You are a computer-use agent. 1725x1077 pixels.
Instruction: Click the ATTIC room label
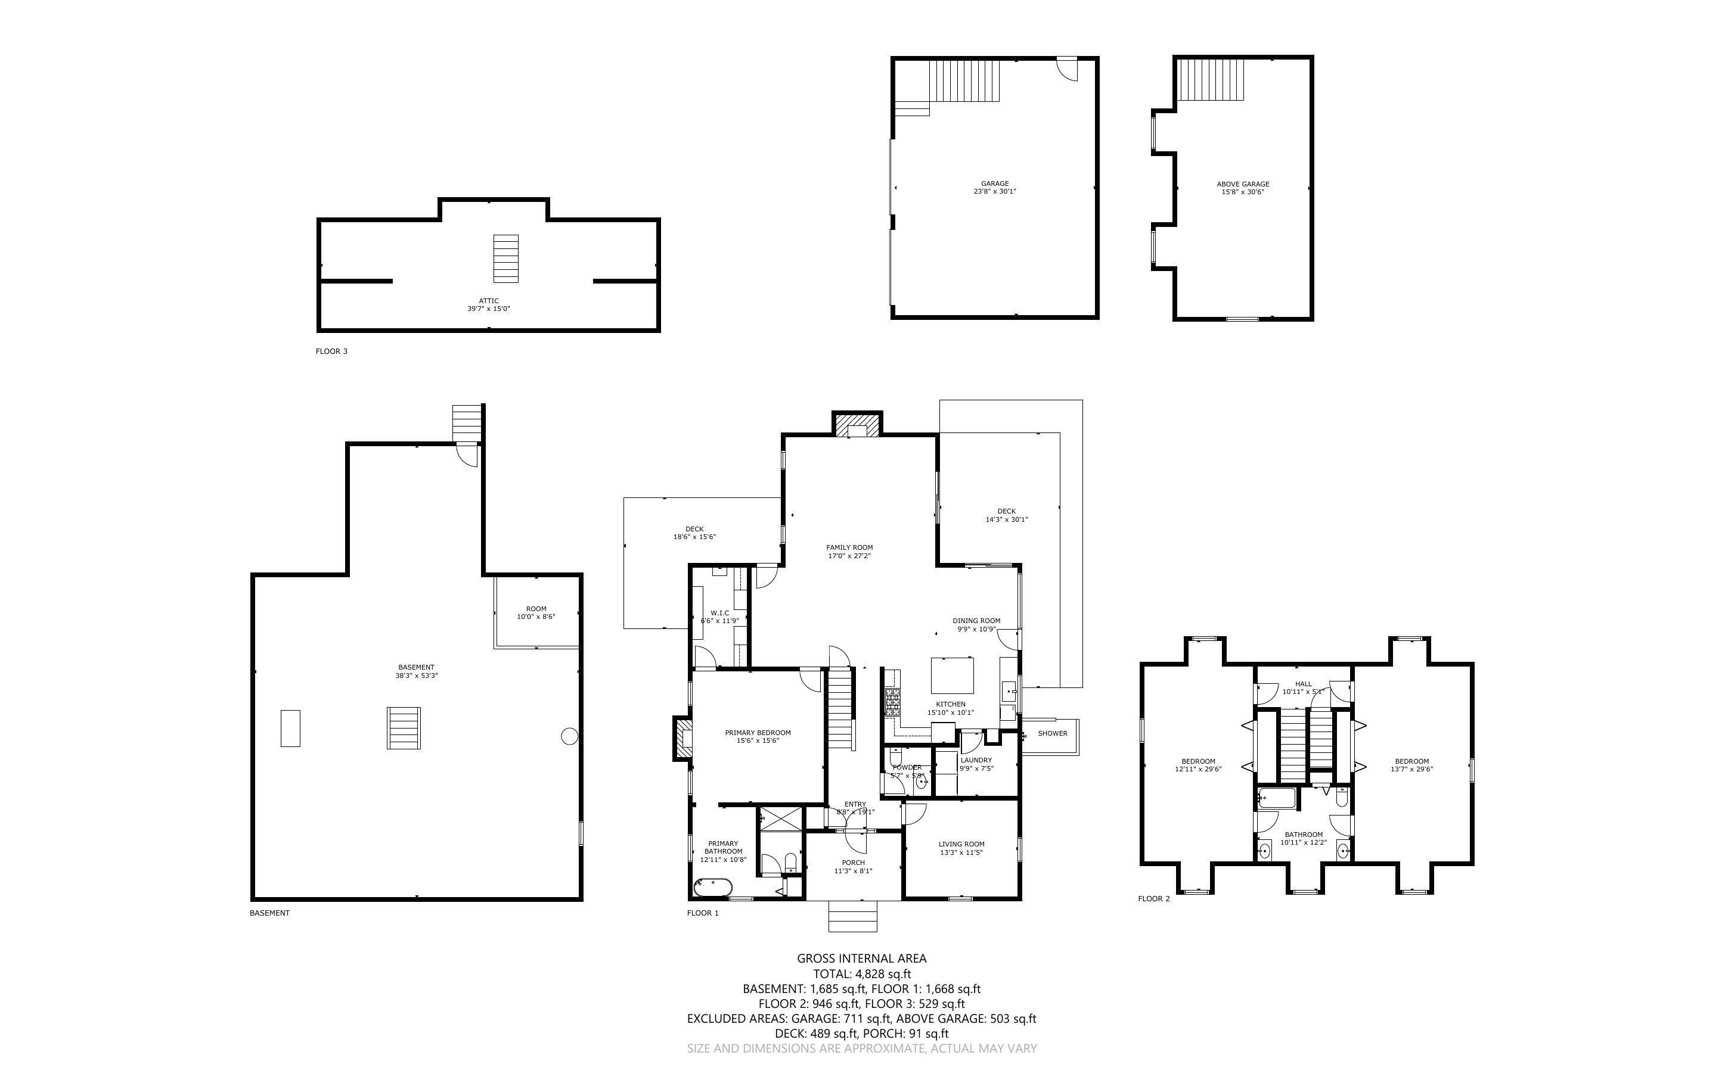(489, 305)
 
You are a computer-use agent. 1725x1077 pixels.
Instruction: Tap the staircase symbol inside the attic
(506, 259)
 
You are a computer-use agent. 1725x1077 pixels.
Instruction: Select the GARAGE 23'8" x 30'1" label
(995, 187)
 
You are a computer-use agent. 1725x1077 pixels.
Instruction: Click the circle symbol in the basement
(569, 736)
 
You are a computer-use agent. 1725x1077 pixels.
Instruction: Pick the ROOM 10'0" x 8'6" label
(536, 612)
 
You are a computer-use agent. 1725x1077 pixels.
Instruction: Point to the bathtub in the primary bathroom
(712, 888)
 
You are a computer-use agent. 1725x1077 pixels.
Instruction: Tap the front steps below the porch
(853, 916)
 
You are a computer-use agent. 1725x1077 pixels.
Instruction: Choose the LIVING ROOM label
(961, 848)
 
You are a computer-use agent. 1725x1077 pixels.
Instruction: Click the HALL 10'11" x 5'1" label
(1302, 687)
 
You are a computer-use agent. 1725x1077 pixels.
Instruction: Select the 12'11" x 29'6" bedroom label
(1197, 765)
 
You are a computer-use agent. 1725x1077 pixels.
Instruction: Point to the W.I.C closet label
(719, 616)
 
